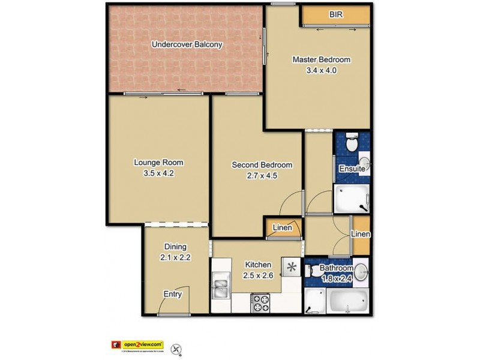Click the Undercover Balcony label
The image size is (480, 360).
point(187,44)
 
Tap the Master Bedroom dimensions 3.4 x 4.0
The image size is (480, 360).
point(321,70)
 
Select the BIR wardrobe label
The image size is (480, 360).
point(335,14)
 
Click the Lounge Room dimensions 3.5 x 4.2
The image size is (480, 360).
point(158,173)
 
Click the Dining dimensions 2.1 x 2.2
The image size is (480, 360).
point(176,257)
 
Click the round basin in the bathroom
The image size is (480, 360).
point(361,272)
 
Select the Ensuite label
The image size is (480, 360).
point(352,169)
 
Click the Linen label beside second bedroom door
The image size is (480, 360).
point(281,228)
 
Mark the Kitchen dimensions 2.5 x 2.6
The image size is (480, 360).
point(258,275)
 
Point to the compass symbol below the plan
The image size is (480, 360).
point(176,347)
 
